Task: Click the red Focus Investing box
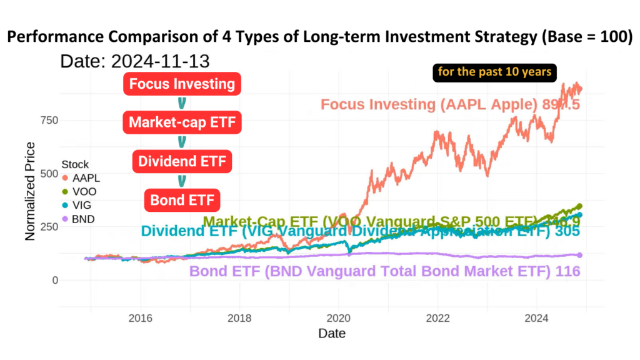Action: tap(182, 84)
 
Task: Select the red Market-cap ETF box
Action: tap(182, 122)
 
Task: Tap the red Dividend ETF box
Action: tap(182, 162)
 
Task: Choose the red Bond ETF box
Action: tap(182, 201)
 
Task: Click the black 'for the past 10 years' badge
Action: tap(494, 72)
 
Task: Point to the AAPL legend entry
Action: tap(81, 178)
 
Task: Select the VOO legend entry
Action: tap(81, 191)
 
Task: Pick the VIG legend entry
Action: tap(81, 205)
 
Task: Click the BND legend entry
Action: tap(81, 219)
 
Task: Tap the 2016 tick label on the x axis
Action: tap(140, 317)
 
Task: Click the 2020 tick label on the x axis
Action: tap(338, 317)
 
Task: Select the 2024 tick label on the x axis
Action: tap(537, 317)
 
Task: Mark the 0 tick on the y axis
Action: tap(55, 280)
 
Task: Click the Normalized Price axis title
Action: tap(30, 191)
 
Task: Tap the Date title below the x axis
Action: tap(331, 334)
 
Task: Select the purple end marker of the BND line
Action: tap(579, 255)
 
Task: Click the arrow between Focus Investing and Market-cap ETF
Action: tap(182, 103)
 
